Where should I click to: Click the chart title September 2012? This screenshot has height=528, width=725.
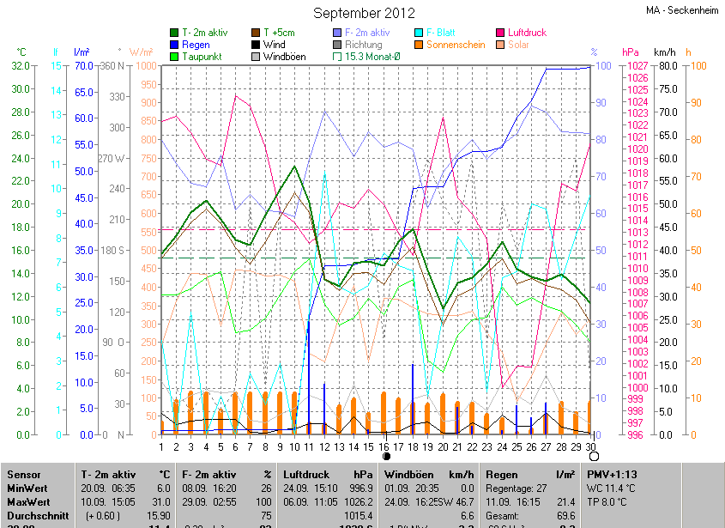364,13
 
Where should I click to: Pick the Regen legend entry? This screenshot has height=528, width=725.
196,45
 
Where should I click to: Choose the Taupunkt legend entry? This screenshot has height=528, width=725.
202,57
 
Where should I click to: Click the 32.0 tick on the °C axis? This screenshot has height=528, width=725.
21,66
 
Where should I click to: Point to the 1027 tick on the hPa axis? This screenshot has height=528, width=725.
636,66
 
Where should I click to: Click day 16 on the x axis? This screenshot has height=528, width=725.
385,446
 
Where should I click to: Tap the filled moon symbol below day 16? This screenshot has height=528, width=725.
386,458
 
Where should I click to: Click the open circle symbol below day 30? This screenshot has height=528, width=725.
594,458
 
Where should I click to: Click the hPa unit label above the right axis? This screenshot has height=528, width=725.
631,52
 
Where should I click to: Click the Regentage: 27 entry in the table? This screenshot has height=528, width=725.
517,488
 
